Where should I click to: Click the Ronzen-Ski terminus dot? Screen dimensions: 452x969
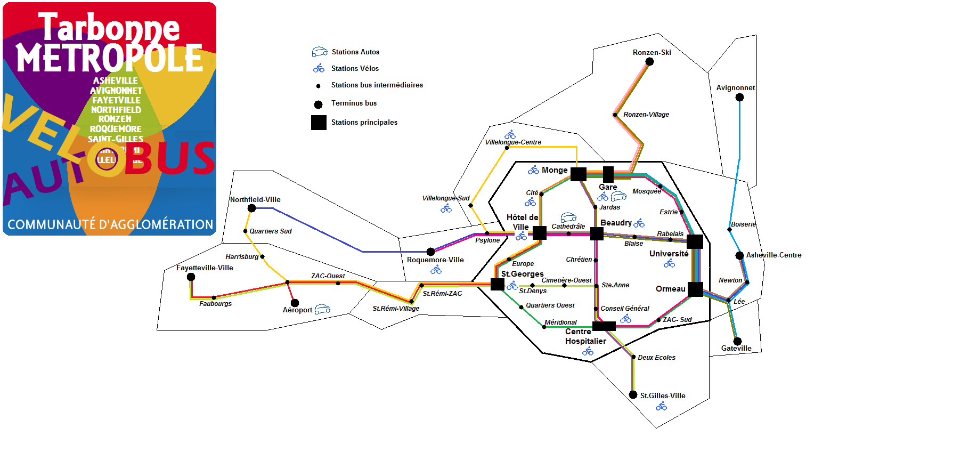pyautogui.click(x=649, y=62)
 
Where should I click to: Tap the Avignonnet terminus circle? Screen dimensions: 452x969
pyautogui.click(x=739, y=97)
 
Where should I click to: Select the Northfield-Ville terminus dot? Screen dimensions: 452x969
pyautogui.click(x=252, y=208)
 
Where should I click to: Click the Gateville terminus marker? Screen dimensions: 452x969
pyautogui.click(x=737, y=341)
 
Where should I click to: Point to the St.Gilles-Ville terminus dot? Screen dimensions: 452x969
pyautogui.click(x=633, y=395)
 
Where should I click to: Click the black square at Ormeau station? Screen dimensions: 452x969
pyautogui.click(x=695, y=289)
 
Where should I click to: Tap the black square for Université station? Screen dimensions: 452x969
pyautogui.click(x=695, y=241)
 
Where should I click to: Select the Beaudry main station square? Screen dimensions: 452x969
pyautogui.click(x=597, y=233)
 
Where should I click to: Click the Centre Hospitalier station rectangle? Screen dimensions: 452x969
pyautogui.click(x=604, y=326)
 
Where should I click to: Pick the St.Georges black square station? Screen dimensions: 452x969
pyautogui.click(x=497, y=284)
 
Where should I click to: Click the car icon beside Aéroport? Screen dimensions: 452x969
pyautogui.click(x=322, y=309)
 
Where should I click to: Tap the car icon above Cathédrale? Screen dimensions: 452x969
pyautogui.click(x=568, y=217)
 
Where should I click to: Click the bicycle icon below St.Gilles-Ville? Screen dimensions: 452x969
pyautogui.click(x=661, y=407)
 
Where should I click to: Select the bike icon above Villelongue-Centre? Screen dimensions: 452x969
pyautogui.click(x=510, y=134)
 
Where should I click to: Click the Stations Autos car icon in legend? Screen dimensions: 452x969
pyautogui.click(x=320, y=52)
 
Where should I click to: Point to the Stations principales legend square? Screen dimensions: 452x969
pyautogui.click(x=319, y=123)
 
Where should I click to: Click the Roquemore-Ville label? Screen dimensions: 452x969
pyautogui.click(x=435, y=260)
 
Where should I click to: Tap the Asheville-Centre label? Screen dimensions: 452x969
pyautogui.click(x=773, y=255)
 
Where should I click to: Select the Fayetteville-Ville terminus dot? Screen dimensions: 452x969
pyautogui.click(x=191, y=277)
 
